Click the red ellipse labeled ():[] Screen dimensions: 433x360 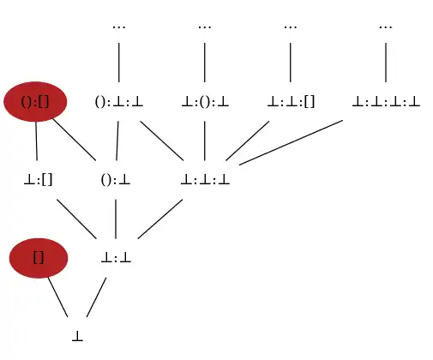click(35, 102)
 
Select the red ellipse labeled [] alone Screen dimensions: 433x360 click(39, 258)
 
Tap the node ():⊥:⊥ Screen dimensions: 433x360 click(119, 102)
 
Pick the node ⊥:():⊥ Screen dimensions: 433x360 click(205, 102)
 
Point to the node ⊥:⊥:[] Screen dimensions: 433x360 click(291, 102)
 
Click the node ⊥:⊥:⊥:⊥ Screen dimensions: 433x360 click(386, 102)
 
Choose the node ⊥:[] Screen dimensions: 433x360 click(38, 180)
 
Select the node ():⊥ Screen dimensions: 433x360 click(116, 180)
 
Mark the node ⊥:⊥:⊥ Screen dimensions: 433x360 click(205, 180)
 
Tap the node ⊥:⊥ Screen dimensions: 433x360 click(116, 259)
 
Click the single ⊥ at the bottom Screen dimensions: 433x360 click(77, 336)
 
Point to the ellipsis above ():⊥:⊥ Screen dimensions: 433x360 click(119, 27)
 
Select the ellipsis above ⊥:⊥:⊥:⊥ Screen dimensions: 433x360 click(386, 27)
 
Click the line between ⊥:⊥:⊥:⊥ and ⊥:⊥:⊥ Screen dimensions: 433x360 click(291, 142)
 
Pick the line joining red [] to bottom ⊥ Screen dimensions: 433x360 click(57, 297)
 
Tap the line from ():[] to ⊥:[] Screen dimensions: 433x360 click(36, 141)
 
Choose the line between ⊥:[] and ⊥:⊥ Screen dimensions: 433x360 click(76, 219)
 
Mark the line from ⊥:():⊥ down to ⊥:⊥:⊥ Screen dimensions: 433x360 click(205, 141)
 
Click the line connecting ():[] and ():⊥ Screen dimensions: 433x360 click(75, 140)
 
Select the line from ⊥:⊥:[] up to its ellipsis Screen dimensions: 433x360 click(291, 63)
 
